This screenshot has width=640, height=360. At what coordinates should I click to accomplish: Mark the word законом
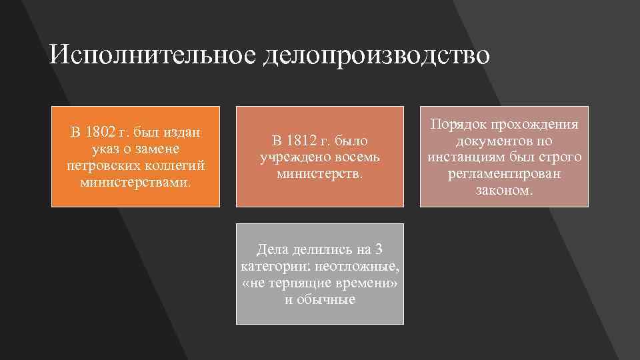504,190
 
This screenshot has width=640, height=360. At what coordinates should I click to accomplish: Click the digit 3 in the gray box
379,251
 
